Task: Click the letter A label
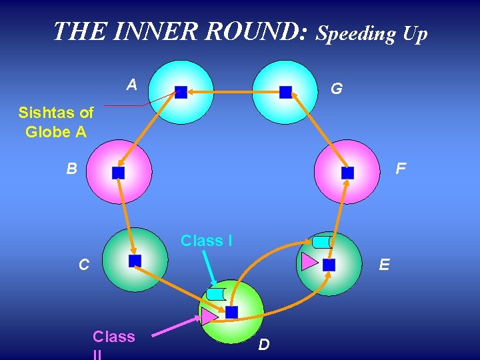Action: tap(132, 85)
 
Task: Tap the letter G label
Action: tap(337, 88)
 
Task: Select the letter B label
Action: tap(72, 169)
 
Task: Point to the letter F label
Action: tap(400, 169)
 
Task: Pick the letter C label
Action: tap(84, 265)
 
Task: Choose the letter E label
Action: tap(384, 265)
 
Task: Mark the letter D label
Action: tap(264, 345)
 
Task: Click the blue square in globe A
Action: tap(181, 92)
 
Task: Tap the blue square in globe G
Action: tap(285, 92)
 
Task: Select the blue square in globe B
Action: tap(118, 173)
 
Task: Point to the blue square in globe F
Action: tap(347, 173)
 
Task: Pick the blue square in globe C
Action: tap(135, 261)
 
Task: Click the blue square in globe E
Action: tap(329, 265)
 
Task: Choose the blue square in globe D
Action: tap(231, 312)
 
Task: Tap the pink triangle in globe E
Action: tap(309, 261)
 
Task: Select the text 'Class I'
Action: tap(207, 241)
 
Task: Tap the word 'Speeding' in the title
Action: tap(356, 33)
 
